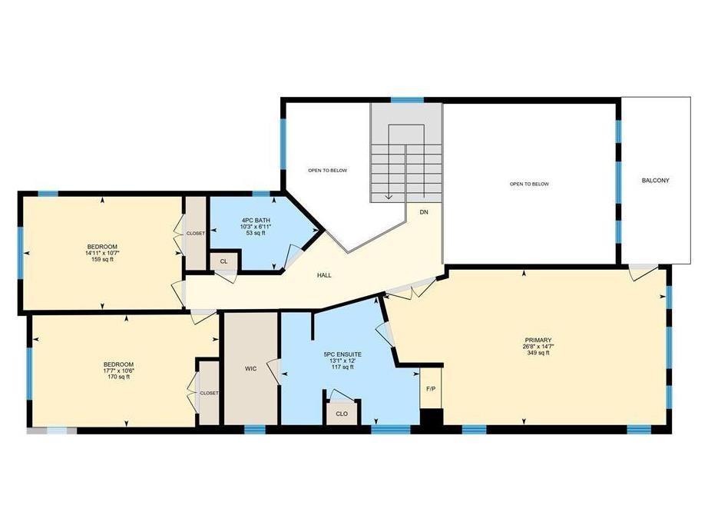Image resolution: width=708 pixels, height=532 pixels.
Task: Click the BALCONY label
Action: click(x=656, y=181)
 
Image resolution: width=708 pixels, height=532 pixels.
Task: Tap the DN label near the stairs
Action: click(x=423, y=211)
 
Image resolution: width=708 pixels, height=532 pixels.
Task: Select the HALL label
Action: click(x=324, y=274)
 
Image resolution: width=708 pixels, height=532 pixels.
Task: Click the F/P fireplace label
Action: click(x=431, y=387)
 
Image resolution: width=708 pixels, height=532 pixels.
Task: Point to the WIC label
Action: click(x=250, y=369)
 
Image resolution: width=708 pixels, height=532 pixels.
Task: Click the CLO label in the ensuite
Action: click(x=341, y=413)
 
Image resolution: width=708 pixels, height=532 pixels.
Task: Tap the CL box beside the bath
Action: click(x=223, y=261)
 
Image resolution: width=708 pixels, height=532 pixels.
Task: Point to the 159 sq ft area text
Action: click(x=101, y=259)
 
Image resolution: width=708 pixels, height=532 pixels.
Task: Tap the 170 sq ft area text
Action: click(x=118, y=377)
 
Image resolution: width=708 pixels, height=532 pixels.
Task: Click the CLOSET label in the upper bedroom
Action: click(x=195, y=233)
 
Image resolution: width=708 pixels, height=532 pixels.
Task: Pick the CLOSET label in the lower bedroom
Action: click(x=209, y=393)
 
